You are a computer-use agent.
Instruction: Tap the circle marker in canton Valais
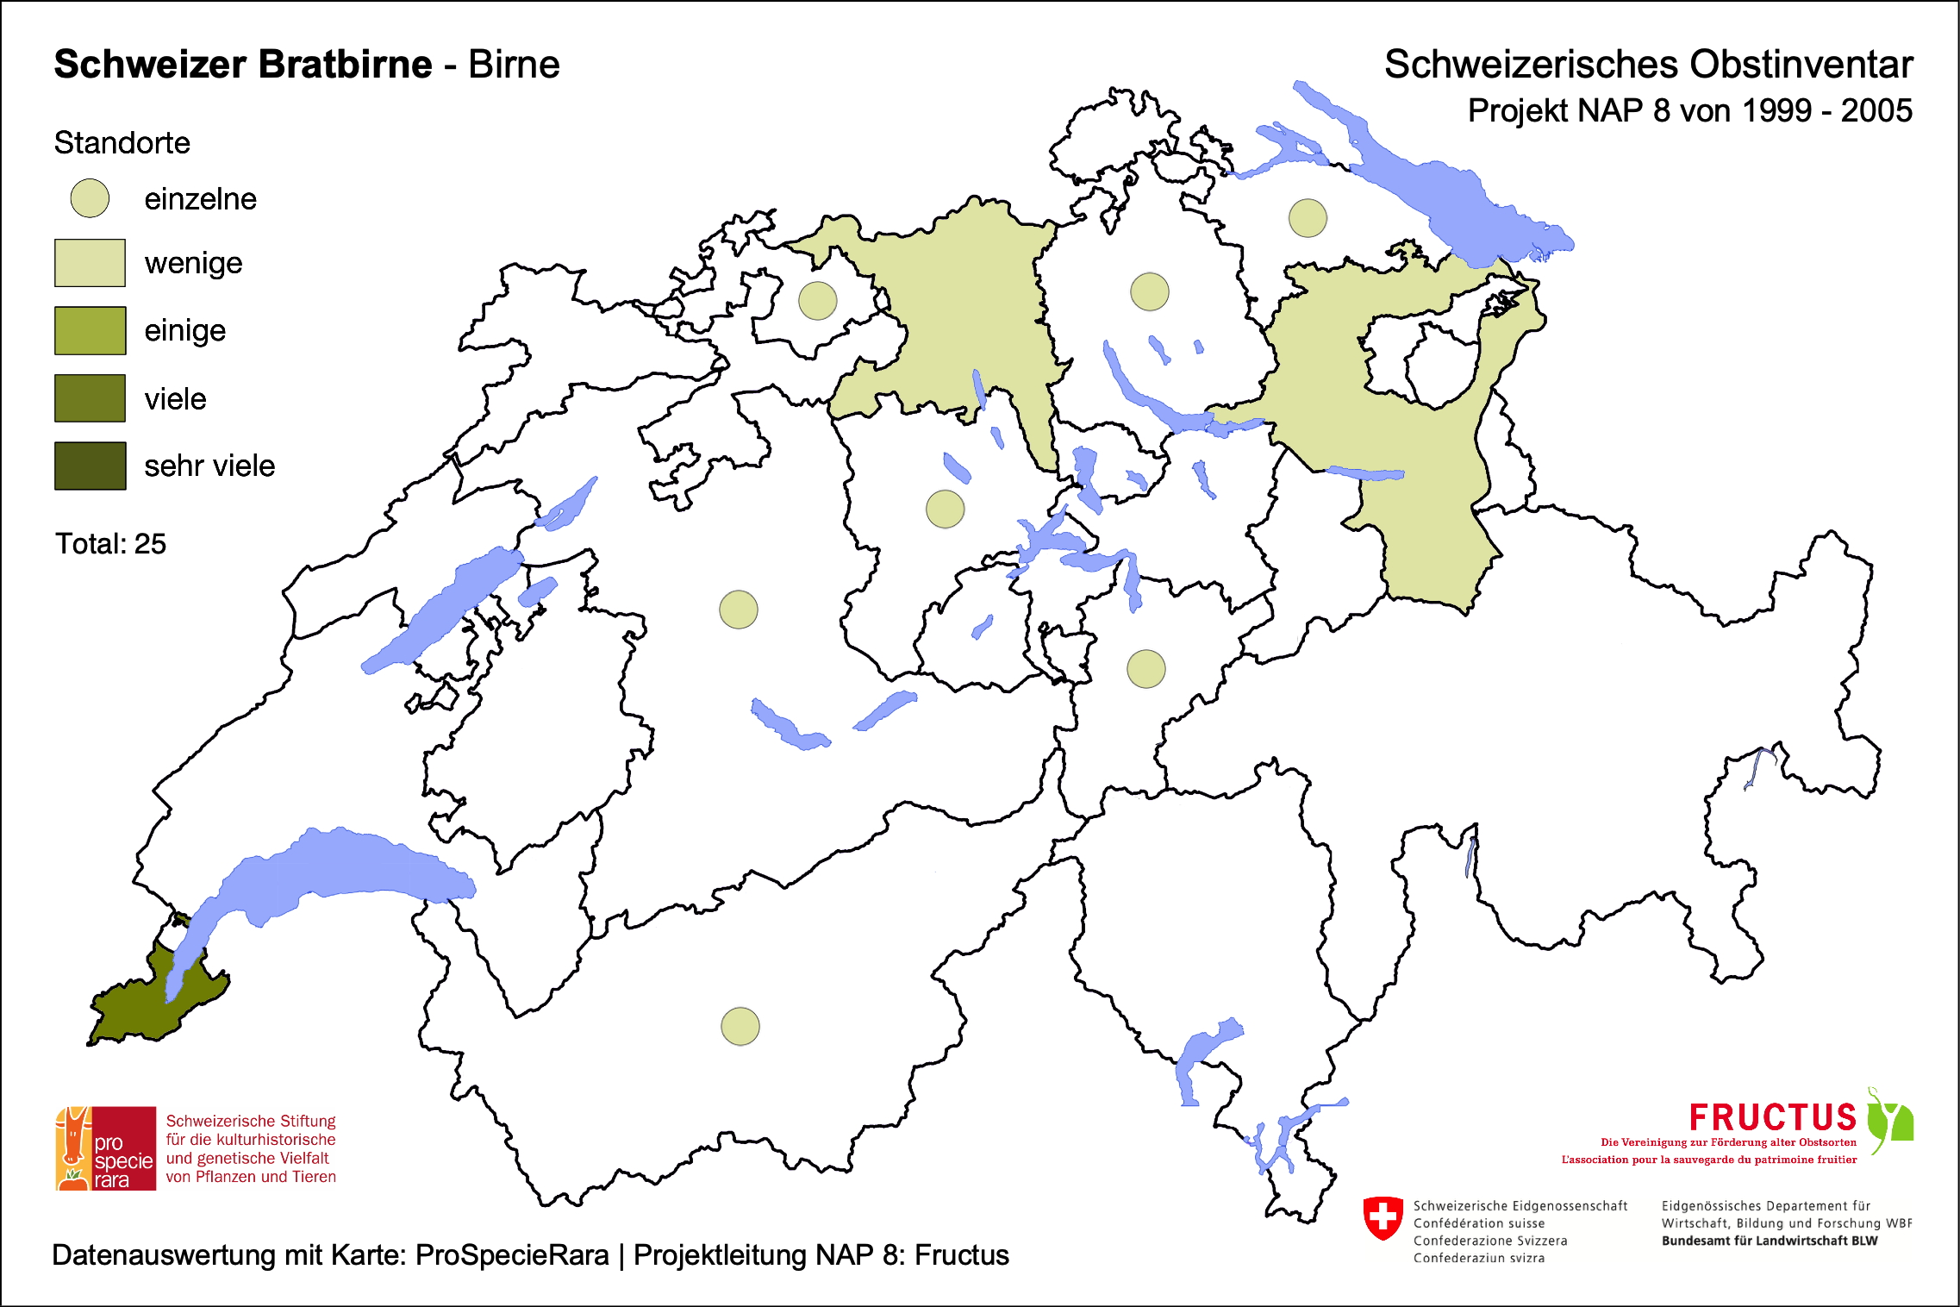(x=740, y=1026)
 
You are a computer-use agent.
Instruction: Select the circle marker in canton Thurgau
(x=1307, y=217)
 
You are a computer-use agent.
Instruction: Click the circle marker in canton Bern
(x=738, y=610)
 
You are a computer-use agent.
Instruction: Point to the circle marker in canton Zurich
(x=1149, y=291)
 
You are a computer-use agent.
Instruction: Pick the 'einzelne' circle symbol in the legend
(x=90, y=198)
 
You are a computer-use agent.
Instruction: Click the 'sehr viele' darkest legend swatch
(x=90, y=466)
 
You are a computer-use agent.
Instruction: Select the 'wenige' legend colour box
(x=90, y=263)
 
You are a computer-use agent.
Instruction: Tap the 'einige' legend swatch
(x=90, y=330)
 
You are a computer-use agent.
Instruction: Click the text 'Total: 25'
(x=110, y=544)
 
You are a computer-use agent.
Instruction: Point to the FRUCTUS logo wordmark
(x=1771, y=1117)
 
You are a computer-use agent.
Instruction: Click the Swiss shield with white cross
(x=1383, y=1217)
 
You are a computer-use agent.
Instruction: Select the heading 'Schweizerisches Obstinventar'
(x=1648, y=65)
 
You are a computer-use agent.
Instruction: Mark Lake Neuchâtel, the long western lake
(x=440, y=612)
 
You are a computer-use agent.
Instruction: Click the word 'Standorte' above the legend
(x=122, y=143)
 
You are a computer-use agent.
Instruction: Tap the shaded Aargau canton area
(x=957, y=310)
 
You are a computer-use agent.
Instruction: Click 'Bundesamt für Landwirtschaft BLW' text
(x=1769, y=1241)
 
